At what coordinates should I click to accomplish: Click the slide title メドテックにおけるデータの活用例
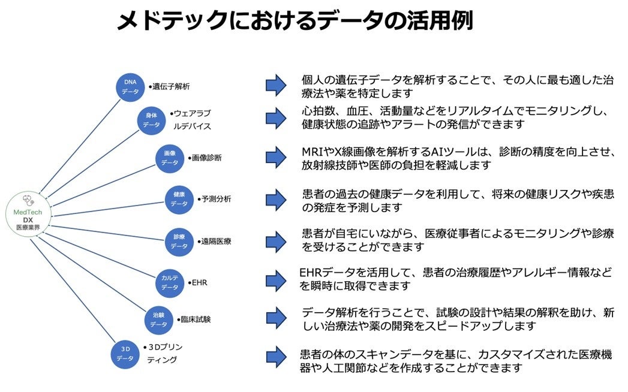tap(295, 22)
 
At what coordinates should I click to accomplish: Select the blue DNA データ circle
tap(130, 86)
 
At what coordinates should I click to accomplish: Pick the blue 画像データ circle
tap(170, 158)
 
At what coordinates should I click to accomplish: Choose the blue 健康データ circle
tap(179, 199)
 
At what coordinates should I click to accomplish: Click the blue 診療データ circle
tap(179, 241)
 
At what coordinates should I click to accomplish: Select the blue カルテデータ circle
tap(170, 282)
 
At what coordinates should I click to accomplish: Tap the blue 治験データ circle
tap(159, 319)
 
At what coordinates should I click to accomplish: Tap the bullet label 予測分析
tap(215, 199)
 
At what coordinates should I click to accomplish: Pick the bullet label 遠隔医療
tap(215, 242)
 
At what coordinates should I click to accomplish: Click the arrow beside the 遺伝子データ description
tap(276, 86)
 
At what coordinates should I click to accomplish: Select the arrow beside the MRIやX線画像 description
tap(276, 157)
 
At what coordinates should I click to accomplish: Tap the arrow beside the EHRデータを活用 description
tap(276, 279)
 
